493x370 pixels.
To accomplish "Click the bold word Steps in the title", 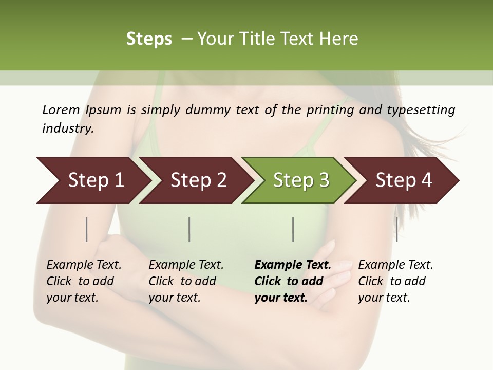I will (x=149, y=39).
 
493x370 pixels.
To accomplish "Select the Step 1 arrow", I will (x=92, y=180).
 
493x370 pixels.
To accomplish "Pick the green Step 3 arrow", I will (x=300, y=180).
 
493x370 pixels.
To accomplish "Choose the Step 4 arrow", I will (x=403, y=180).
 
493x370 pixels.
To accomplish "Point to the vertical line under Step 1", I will (x=87, y=229).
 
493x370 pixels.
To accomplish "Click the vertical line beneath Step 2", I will (x=189, y=229).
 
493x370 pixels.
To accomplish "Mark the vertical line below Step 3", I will (x=293, y=229).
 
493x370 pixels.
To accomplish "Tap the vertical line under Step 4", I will (x=396, y=229).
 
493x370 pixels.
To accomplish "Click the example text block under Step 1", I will (x=83, y=281).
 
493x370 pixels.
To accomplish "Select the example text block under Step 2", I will (x=185, y=281).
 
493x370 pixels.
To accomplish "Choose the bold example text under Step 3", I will (x=292, y=281).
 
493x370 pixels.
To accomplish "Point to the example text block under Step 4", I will (x=395, y=281).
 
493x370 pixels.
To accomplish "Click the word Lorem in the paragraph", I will (x=61, y=110).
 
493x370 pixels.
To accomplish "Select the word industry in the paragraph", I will (x=67, y=128).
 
